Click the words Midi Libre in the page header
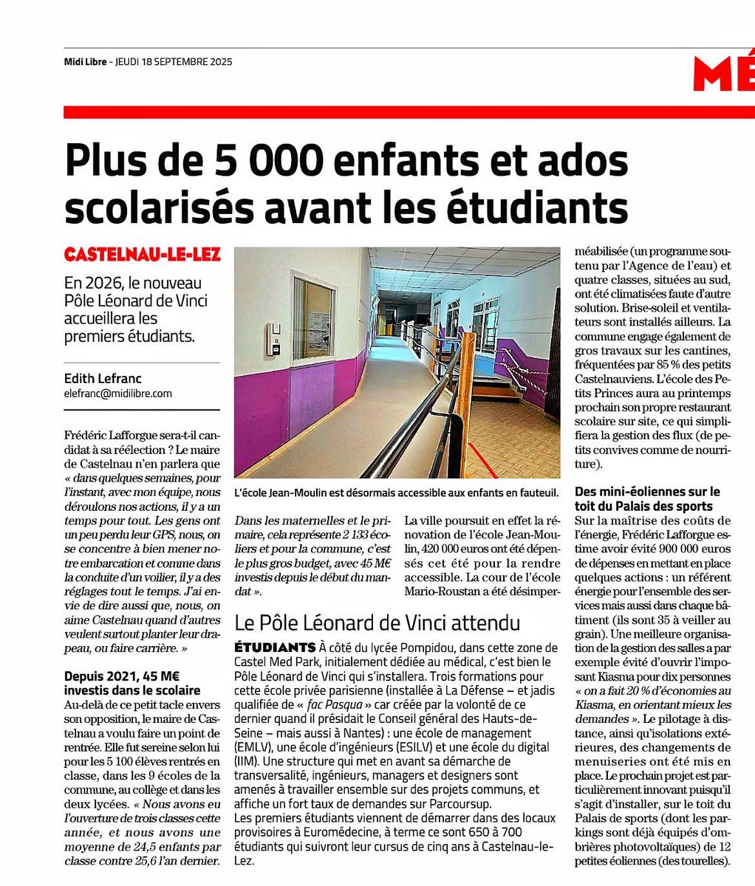[82, 62]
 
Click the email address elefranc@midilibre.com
[118, 394]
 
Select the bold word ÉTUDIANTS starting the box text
[274, 647]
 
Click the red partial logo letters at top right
[723, 75]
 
